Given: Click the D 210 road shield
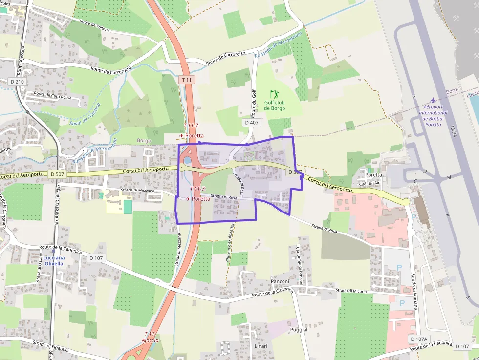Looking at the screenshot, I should pyautogui.click(x=17, y=82).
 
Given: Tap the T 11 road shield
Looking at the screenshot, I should pyautogui.click(x=187, y=79).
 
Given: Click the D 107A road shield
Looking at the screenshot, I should pyautogui.click(x=418, y=339).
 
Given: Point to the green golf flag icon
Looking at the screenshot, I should pyautogui.click(x=274, y=93).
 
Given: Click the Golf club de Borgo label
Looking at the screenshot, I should pyautogui.click(x=274, y=105).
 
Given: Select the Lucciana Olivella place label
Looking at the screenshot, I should pyautogui.click(x=54, y=260).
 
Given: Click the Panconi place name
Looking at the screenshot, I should pyautogui.click(x=280, y=281).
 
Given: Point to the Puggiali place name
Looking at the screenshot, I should pyautogui.click(x=300, y=330).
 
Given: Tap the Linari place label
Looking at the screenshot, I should pyautogui.click(x=261, y=346).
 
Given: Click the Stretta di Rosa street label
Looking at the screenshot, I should pyautogui.click(x=224, y=197).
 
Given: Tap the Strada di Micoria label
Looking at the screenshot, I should pyautogui.click(x=350, y=291).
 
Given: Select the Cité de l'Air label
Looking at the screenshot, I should pyautogui.click(x=369, y=184).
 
